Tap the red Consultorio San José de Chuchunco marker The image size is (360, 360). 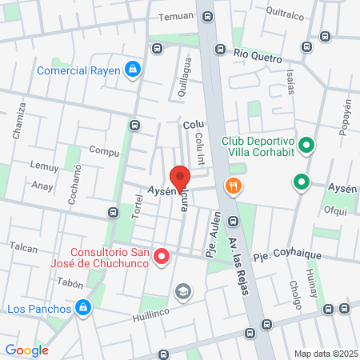click(162, 257)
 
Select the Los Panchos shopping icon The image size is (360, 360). click(82, 307)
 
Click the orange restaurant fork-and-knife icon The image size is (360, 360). click(234, 186)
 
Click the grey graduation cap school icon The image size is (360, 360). click(183, 291)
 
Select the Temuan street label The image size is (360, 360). click(176, 16)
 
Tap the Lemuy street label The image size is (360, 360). click(44, 167)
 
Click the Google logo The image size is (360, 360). click(27, 350)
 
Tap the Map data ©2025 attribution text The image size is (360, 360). click(325, 354)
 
